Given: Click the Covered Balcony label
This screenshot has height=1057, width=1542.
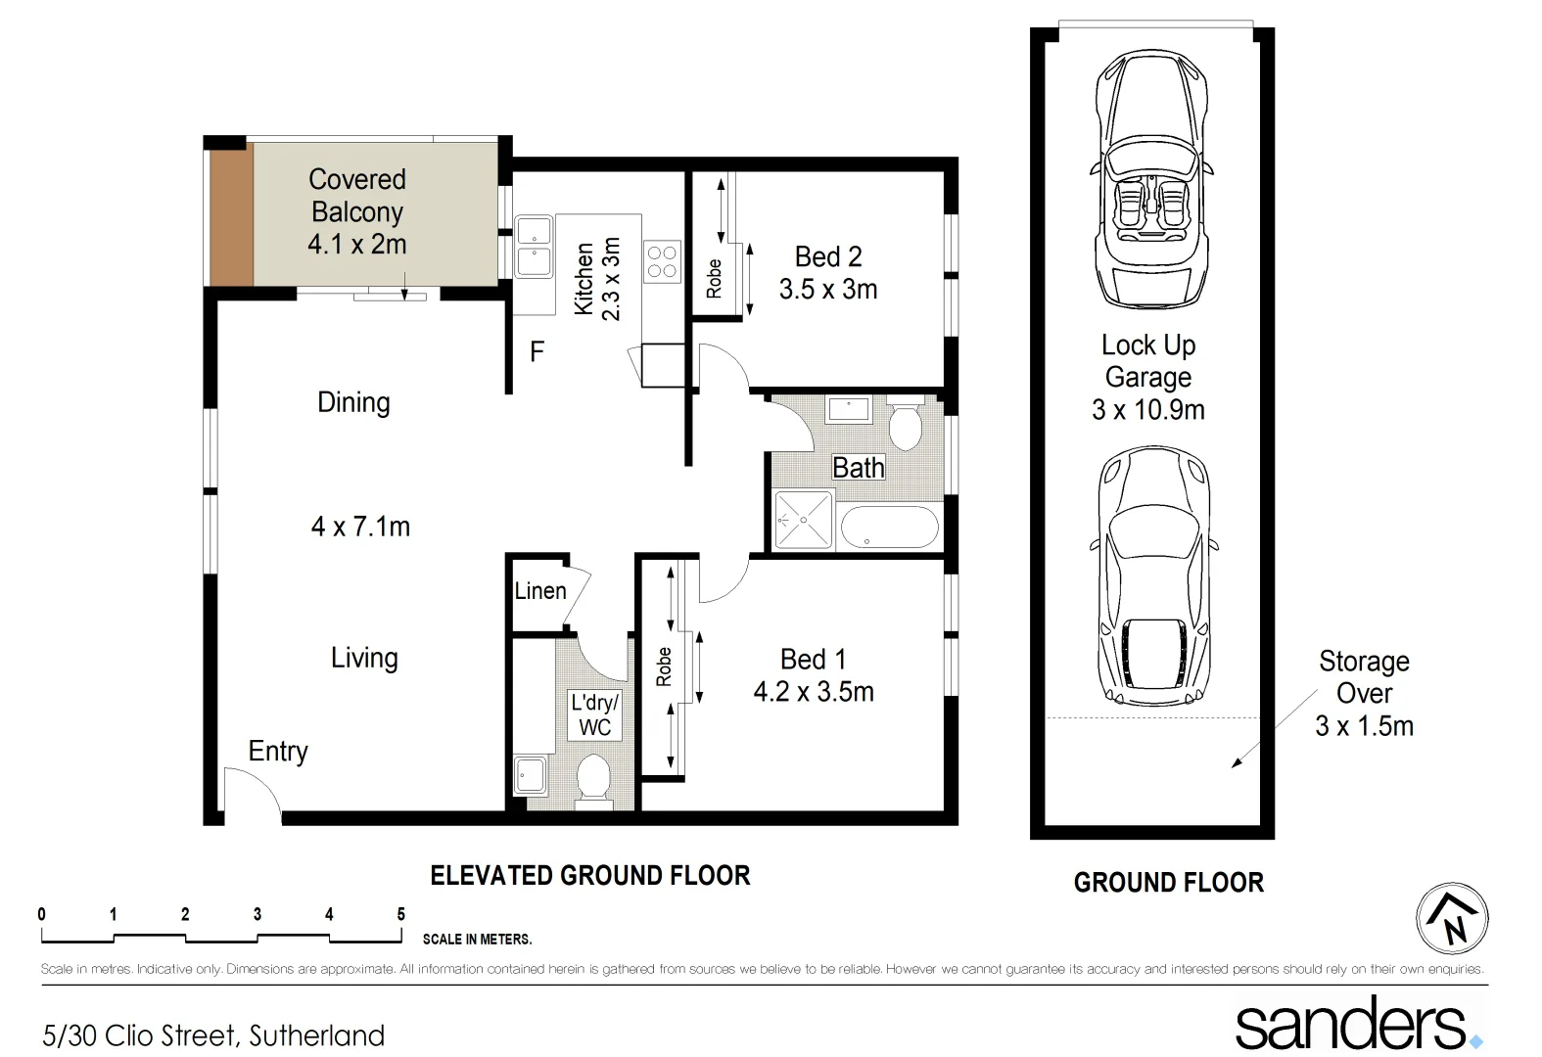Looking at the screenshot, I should (356, 211).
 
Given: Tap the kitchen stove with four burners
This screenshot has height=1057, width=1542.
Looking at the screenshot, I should (662, 261).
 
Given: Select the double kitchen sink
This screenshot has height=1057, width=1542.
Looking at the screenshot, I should (534, 246).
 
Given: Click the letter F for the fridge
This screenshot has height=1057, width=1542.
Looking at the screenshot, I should (537, 351).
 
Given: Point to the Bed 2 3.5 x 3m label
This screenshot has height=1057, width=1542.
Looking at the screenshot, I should (828, 273).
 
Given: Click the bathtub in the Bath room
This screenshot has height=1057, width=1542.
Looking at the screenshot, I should (889, 528).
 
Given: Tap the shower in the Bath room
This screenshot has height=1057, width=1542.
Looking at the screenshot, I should (803, 520).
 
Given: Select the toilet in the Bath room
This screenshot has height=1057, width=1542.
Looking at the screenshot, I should (905, 424).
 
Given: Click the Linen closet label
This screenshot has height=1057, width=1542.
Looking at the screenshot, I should (539, 591).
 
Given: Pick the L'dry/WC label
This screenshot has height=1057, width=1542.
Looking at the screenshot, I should (594, 714).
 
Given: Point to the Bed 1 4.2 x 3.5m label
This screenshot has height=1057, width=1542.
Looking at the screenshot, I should (813, 675).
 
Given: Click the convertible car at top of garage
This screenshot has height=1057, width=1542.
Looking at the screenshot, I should (1150, 180).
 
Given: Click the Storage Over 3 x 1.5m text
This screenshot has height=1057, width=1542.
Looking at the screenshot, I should (1364, 693).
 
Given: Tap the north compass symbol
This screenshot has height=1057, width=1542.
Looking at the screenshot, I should (1452, 918).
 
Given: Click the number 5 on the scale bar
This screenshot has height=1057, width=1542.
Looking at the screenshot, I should (400, 914).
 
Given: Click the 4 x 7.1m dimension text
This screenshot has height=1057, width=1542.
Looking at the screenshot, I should (360, 527).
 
